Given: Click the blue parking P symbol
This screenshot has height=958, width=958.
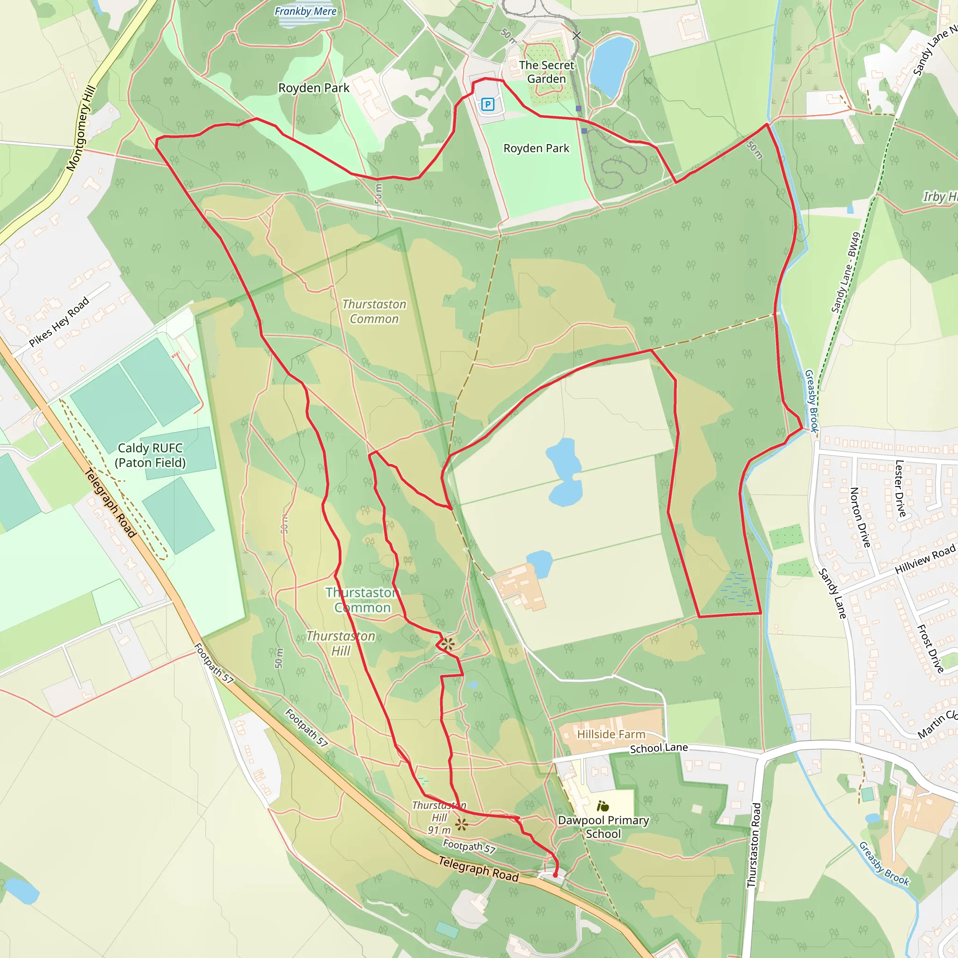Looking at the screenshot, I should click(487, 104).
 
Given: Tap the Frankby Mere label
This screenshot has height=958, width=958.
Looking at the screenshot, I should click(305, 11).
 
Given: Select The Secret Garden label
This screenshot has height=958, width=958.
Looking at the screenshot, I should click(546, 72).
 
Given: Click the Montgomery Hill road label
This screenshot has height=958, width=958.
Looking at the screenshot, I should click(81, 129).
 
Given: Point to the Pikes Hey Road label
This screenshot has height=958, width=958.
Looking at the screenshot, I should click(59, 321).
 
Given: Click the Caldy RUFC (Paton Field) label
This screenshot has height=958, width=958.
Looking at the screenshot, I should click(150, 455).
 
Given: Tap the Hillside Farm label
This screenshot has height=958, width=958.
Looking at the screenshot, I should click(611, 734).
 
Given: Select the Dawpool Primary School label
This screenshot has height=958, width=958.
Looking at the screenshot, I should click(603, 827).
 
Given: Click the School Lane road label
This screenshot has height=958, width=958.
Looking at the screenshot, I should click(659, 748).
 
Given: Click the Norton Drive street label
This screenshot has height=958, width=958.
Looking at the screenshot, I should click(860, 517).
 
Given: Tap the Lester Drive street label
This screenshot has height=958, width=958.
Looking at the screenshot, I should click(900, 488).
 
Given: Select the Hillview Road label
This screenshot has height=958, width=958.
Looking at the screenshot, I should click(925, 559).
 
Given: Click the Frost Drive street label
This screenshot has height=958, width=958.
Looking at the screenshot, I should click(930, 649).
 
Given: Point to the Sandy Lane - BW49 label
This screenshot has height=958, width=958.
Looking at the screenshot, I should click(845, 272).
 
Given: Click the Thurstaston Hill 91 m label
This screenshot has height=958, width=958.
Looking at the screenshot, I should click(439, 818).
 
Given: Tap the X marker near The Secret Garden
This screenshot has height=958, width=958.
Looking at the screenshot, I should click(577, 35).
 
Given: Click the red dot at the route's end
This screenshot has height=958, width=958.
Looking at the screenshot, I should click(555, 875).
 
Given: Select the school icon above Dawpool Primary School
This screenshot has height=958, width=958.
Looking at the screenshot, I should click(602, 806).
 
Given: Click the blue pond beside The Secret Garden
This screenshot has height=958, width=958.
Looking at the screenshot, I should click(611, 65).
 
